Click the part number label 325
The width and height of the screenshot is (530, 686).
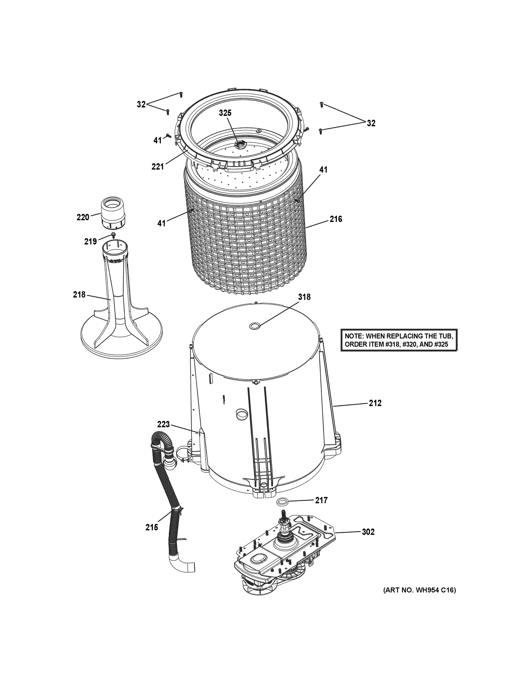(225, 113)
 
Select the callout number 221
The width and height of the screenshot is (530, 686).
(158, 167)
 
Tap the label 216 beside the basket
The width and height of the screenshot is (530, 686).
(336, 219)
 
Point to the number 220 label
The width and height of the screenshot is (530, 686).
(83, 217)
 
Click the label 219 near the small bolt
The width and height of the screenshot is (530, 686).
(90, 241)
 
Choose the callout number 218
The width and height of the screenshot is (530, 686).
(79, 295)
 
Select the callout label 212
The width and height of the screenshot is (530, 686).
(375, 403)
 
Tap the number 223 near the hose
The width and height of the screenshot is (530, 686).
(163, 424)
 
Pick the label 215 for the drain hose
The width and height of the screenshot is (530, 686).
(152, 527)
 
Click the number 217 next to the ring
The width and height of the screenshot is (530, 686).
(321, 500)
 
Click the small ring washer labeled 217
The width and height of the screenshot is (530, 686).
(283, 502)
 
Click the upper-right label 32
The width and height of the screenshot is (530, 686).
(371, 123)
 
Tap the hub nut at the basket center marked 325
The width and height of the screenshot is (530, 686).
(241, 144)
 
